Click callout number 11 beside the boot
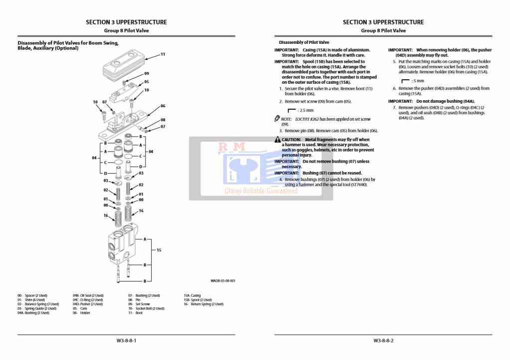[163, 54]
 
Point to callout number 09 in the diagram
[147, 73]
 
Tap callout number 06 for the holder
[163, 106]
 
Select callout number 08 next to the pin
[163, 120]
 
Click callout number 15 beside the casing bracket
[159, 249]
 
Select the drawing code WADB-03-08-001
[223, 281]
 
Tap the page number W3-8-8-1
[126, 341]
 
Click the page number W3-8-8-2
[383, 341]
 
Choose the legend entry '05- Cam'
[80, 309]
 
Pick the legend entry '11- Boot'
[135, 313]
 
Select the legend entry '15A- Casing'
[192, 296]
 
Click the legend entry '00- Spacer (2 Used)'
[32, 296]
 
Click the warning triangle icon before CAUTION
[277, 140]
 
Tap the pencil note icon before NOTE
[277, 119]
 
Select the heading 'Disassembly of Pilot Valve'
[304, 42]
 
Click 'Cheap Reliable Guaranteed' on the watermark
[261, 190]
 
